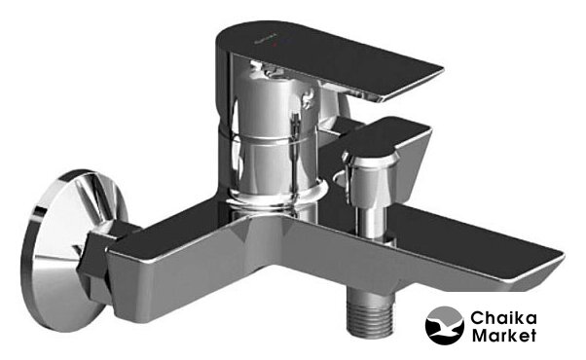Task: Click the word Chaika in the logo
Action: pyautogui.click(x=503, y=318)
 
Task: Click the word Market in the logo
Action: pyautogui.click(x=504, y=335)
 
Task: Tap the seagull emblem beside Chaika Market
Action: pyautogui.click(x=444, y=326)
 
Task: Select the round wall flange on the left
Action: pyautogui.click(x=71, y=250)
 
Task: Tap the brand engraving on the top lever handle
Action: pyautogui.click(x=265, y=40)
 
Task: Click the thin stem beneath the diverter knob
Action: pyautogui.click(x=370, y=221)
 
